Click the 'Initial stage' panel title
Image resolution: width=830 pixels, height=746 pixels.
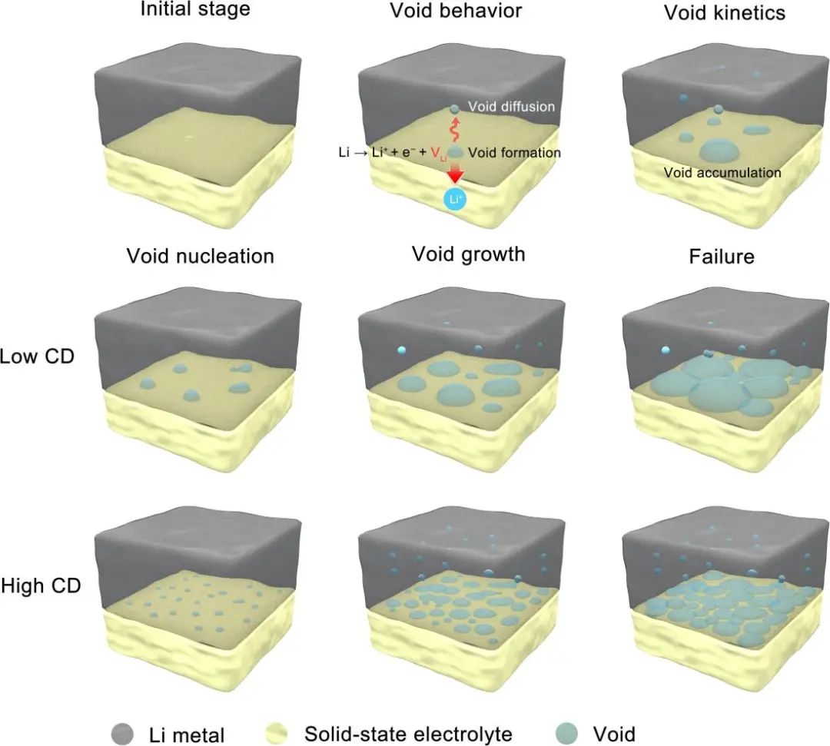(x=195, y=9)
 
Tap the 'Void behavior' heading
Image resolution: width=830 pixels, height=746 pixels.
(x=456, y=11)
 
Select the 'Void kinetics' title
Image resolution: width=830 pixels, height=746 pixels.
(x=725, y=13)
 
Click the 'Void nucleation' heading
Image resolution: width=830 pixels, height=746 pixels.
(x=200, y=256)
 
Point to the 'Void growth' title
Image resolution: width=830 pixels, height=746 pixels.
(x=469, y=254)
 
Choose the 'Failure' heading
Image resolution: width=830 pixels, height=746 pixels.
(x=722, y=257)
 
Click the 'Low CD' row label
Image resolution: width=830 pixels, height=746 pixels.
(x=37, y=356)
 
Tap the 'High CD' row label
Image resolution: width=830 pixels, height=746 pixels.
(x=41, y=585)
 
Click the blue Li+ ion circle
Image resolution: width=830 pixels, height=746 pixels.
(x=455, y=200)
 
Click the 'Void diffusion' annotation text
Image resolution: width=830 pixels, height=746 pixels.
(x=511, y=106)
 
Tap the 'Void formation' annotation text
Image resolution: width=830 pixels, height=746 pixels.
(x=514, y=153)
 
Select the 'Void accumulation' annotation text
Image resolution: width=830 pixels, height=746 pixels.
(x=722, y=173)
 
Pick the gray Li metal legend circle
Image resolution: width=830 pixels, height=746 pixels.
(x=122, y=734)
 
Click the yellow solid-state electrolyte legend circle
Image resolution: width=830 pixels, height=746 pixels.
(x=275, y=734)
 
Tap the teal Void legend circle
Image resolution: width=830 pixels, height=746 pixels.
(x=567, y=733)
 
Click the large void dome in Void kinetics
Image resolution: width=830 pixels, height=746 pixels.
(x=719, y=151)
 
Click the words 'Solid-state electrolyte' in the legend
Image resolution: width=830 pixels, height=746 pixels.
(x=408, y=734)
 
